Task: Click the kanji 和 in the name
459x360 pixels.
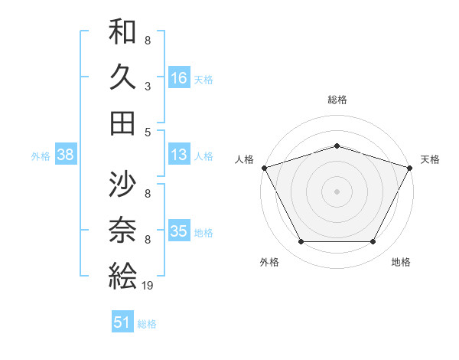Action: [122, 32]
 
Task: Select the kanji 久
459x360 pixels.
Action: [122, 77]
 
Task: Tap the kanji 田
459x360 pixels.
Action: [122, 123]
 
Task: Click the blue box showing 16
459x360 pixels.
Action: [179, 77]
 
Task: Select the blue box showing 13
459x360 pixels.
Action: [179, 155]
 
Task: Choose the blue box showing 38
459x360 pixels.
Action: [66, 155]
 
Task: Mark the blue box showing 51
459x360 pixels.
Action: [122, 322]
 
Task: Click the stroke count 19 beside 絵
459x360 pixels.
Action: [148, 286]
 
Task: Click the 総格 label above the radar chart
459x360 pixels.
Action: [337, 100]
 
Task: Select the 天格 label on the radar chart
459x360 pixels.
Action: [430, 159]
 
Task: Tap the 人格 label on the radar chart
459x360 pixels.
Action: [244, 159]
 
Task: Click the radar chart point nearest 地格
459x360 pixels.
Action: [373, 242]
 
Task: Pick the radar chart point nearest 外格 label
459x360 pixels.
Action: [301, 242]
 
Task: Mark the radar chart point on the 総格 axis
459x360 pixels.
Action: [337, 146]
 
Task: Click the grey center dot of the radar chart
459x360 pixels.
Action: [337, 191]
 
